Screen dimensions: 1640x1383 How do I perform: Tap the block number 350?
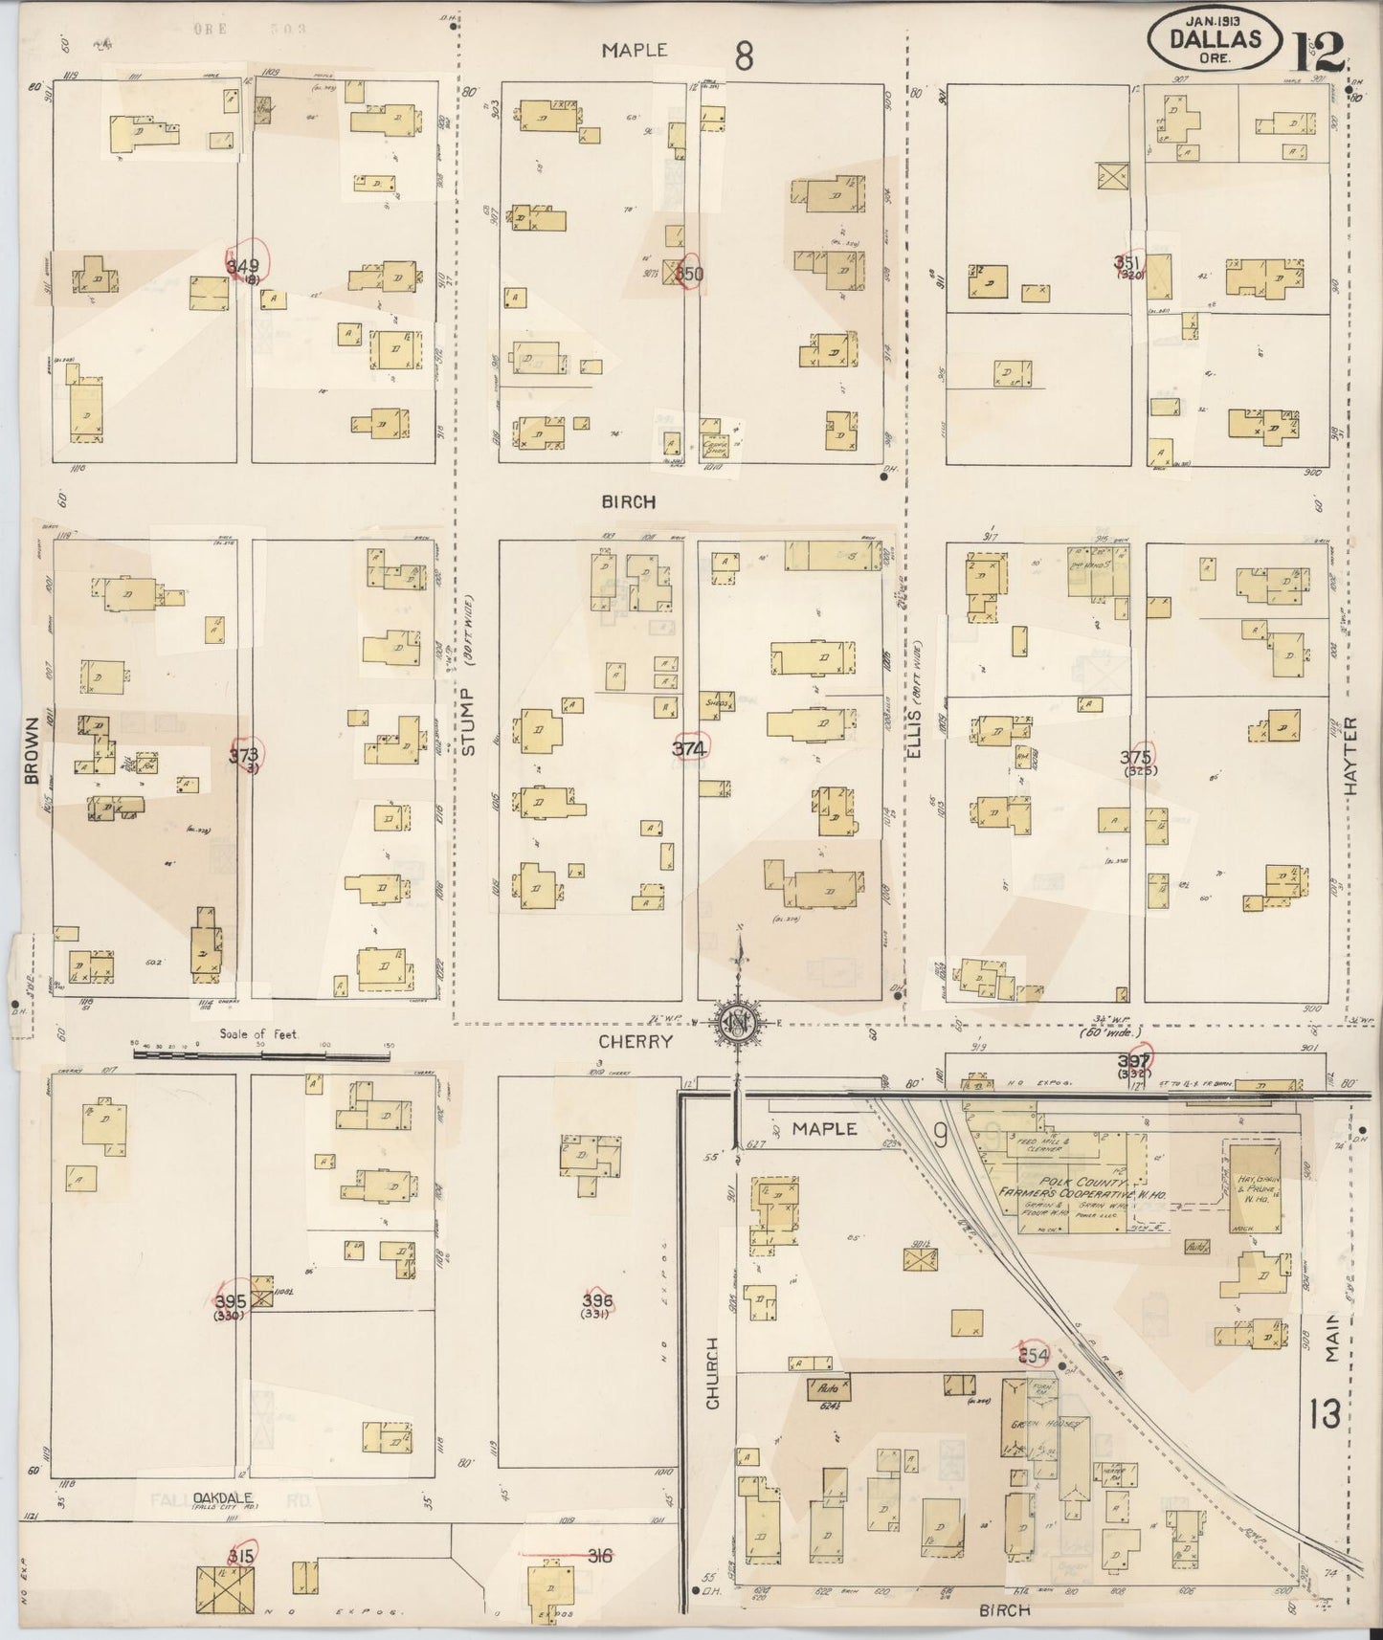tap(689, 275)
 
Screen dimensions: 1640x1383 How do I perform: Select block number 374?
tap(689, 749)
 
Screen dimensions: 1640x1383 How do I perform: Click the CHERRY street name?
tap(636, 1041)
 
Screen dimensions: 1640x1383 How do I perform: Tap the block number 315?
tap(240, 1557)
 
